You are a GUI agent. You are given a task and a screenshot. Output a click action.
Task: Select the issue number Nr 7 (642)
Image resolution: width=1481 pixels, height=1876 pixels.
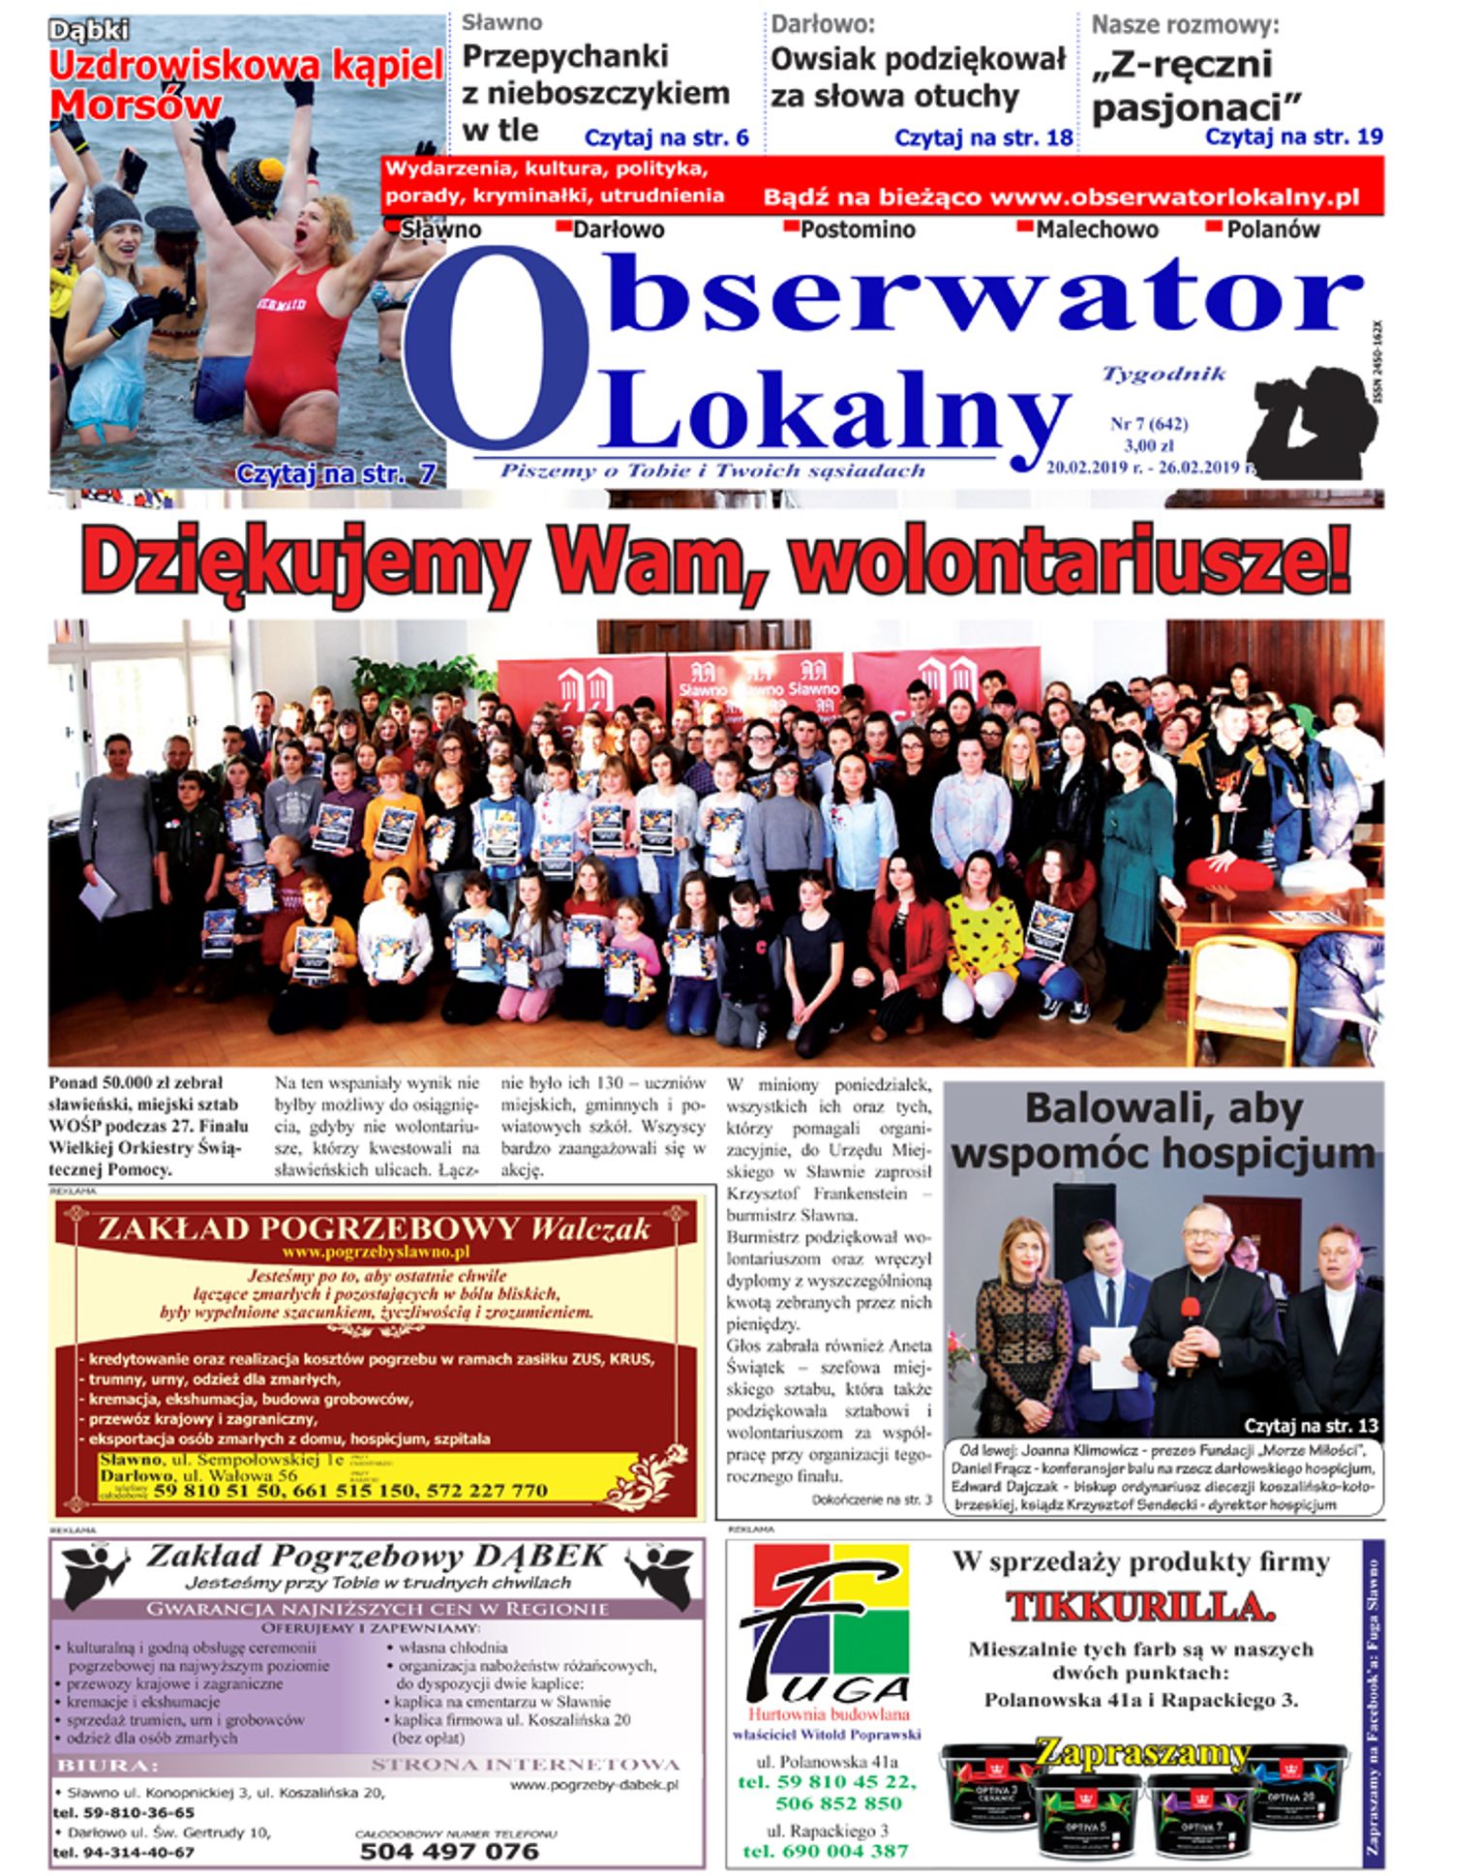coord(1149,424)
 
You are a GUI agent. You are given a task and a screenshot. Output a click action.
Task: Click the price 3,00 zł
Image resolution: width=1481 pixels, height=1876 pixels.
coord(1149,446)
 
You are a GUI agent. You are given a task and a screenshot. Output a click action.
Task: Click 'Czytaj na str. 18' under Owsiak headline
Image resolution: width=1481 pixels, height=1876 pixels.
coord(983,138)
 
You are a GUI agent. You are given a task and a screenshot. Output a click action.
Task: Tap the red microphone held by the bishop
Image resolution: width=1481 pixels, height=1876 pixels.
coord(1190,1311)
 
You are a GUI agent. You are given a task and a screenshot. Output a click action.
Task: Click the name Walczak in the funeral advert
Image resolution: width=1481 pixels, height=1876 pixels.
coord(590,1229)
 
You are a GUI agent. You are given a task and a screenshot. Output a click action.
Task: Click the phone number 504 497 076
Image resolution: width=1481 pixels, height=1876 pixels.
coord(449,1851)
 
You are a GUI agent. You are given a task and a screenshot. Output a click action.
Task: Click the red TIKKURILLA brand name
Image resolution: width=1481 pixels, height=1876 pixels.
coord(1140,1608)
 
